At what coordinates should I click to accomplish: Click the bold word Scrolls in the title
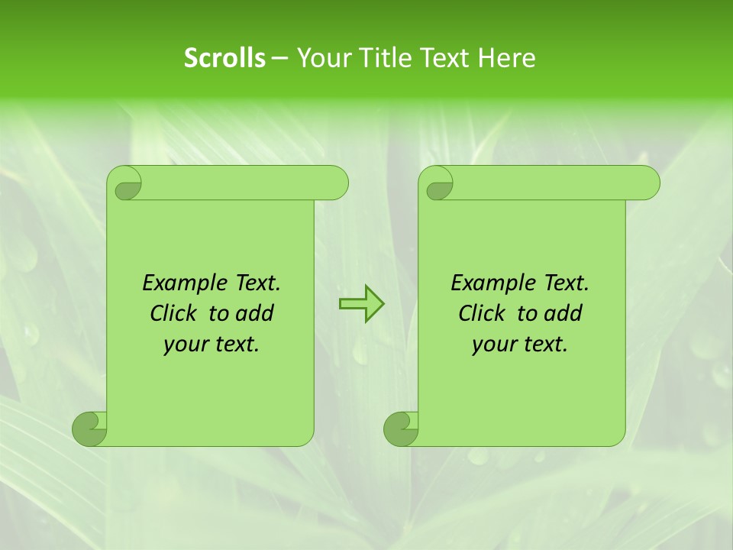(x=224, y=58)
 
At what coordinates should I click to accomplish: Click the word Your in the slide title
(x=321, y=58)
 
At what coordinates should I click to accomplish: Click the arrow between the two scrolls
(x=361, y=304)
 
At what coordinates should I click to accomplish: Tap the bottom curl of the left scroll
(x=89, y=428)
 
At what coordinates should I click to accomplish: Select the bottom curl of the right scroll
(x=401, y=428)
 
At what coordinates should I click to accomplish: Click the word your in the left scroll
(x=184, y=345)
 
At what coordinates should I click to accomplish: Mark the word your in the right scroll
(x=492, y=345)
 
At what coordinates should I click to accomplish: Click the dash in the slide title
(x=279, y=58)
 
